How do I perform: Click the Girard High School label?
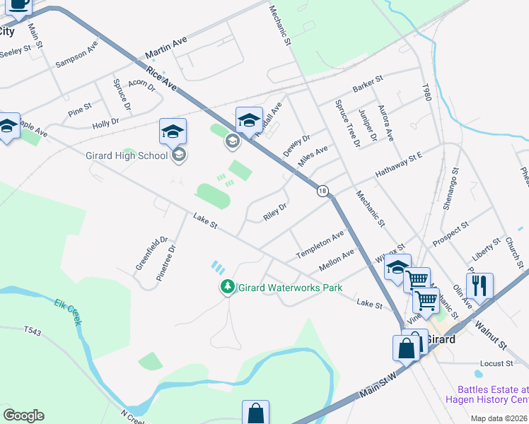click(x=127, y=155)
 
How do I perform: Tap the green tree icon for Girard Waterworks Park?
click(x=227, y=287)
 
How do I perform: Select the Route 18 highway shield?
click(x=322, y=191)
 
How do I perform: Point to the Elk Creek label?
click(x=69, y=312)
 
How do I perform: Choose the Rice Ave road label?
click(x=162, y=78)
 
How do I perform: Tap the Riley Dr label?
click(x=274, y=212)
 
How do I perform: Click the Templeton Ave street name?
click(x=320, y=244)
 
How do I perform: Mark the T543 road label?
click(x=33, y=330)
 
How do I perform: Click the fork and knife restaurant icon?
click(x=479, y=285)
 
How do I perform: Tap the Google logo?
click(x=23, y=416)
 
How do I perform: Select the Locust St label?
click(x=496, y=363)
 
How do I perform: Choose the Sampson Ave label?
click(x=76, y=57)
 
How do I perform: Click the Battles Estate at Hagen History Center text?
click(x=493, y=394)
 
